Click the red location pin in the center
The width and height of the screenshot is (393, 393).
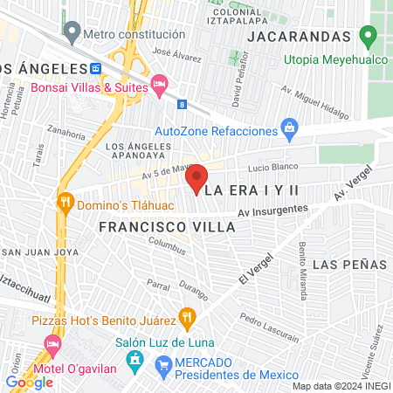196,178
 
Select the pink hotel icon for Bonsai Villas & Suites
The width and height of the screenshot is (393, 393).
158,84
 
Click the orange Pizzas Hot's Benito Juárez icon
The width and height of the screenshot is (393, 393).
185,316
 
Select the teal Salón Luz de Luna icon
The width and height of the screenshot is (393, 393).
135,358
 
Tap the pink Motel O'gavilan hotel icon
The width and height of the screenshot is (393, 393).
52,348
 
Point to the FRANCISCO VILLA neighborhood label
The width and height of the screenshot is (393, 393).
167,226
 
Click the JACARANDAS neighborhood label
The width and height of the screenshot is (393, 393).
300,37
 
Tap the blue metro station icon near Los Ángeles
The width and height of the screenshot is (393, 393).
95,68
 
